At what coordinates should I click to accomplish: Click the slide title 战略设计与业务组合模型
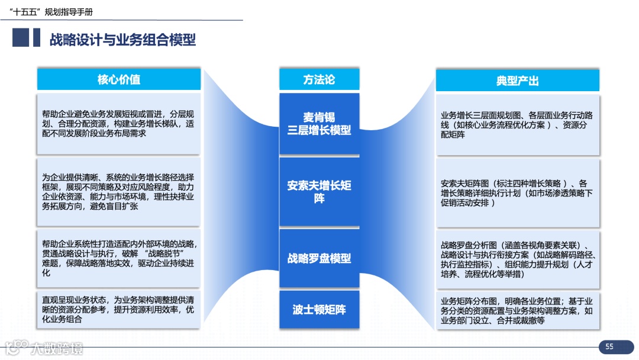pos(122,40)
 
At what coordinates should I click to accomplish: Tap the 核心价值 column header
pos(119,79)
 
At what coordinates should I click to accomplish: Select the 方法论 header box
pos(319,79)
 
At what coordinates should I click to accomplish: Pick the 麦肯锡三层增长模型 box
pos(319,124)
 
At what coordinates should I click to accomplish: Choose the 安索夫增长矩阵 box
pos(319,191)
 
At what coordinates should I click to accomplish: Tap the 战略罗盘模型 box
pos(319,258)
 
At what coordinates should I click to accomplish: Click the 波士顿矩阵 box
pos(319,309)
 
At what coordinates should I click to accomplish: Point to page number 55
pos(609,347)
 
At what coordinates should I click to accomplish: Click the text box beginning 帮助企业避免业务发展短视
pos(119,124)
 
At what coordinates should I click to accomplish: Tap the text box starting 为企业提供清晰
pos(119,192)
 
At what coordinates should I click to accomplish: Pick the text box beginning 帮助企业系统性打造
pos(119,258)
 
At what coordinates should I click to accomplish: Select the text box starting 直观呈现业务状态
pos(119,310)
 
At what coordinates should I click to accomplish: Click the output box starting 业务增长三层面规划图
pos(517,125)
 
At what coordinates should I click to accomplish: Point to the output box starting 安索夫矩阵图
pos(517,192)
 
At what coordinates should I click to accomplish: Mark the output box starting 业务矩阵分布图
pos(517,310)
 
